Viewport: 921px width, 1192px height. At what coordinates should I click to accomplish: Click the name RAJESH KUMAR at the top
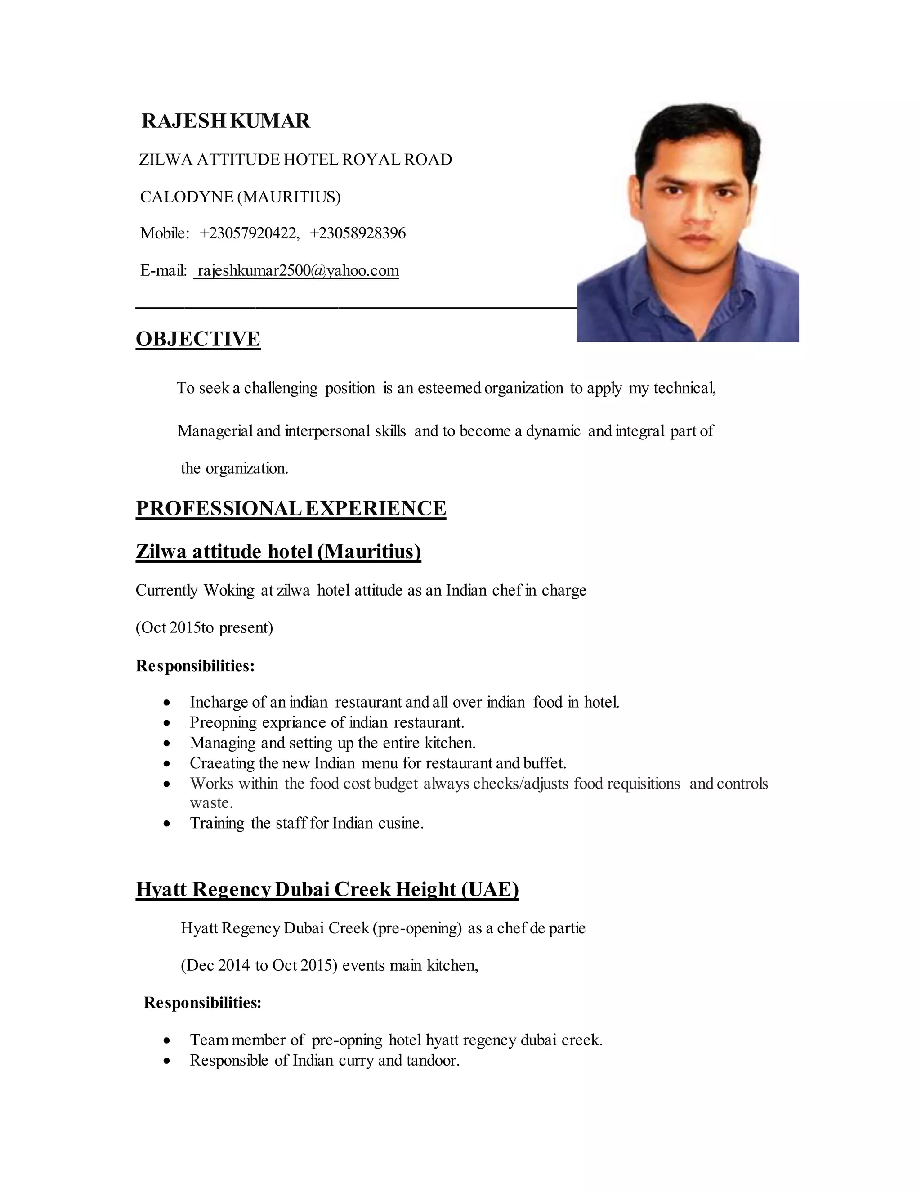[226, 121]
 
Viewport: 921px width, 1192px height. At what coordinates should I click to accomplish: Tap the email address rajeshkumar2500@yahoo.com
[297, 271]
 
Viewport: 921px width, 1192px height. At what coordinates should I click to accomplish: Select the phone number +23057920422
[249, 233]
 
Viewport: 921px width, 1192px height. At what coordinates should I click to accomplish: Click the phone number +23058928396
[358, 233]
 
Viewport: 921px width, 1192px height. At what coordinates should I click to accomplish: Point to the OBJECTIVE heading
[198, 339]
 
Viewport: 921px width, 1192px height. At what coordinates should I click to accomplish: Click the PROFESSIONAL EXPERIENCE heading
[291, 508]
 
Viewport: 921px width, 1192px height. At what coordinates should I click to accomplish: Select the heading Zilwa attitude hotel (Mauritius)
[278, 552]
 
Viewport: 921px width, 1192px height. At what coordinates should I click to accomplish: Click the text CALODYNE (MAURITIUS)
[240, 197]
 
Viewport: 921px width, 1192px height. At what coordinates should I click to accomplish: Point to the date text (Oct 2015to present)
[204, 627]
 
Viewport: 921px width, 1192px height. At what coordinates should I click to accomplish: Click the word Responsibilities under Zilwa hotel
[195, 666]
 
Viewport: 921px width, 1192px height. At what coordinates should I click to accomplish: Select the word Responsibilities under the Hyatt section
[202, 1003]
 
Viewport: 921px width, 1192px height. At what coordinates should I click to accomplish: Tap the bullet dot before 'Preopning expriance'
[167, 723]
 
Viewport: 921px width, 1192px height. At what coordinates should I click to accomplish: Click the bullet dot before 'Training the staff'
[167, 824]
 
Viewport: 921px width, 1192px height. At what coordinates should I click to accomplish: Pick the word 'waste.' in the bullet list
[211, 803]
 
